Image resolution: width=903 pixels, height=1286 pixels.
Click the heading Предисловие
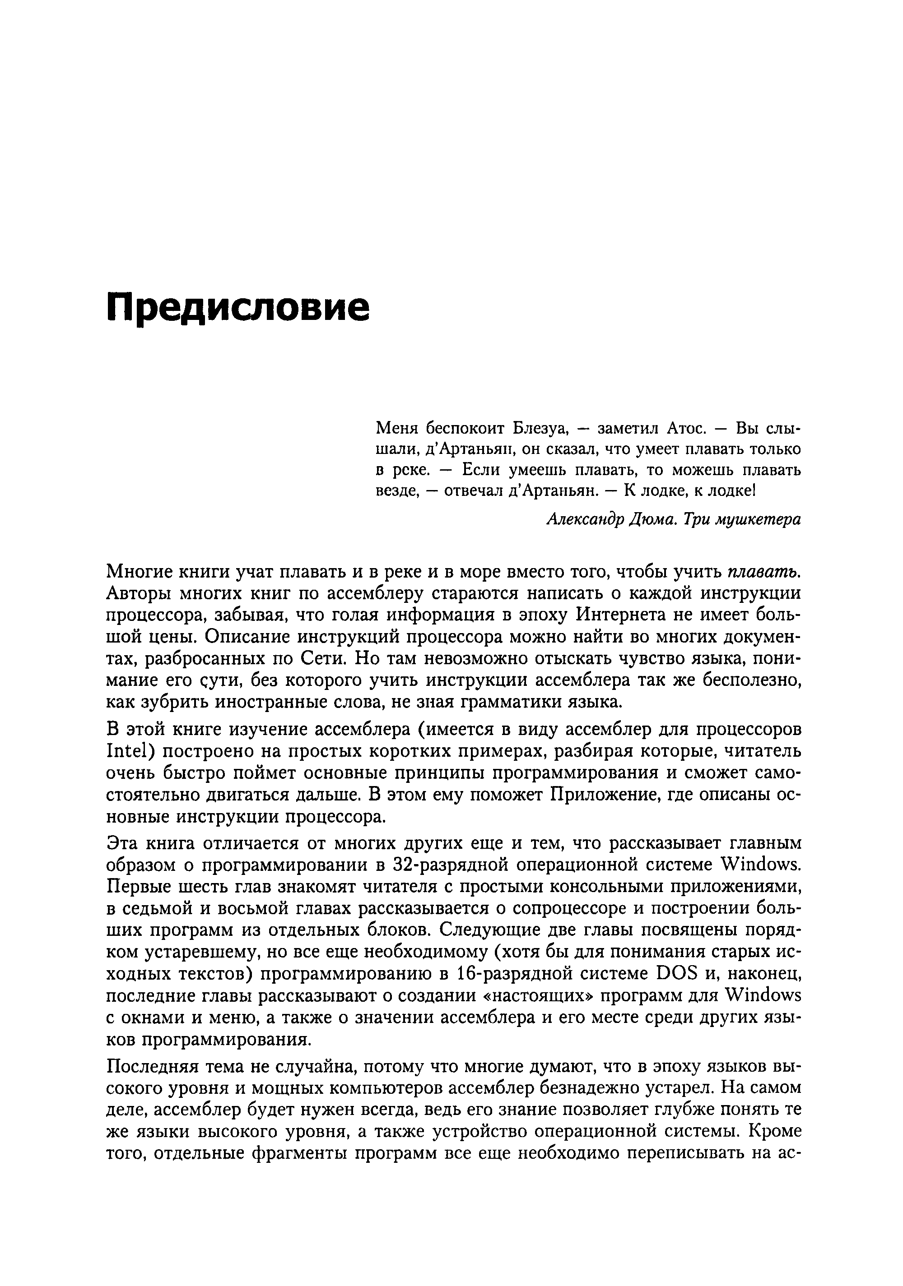click(237, 308)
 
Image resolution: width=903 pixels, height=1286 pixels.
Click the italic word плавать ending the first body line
click(764, 572)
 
